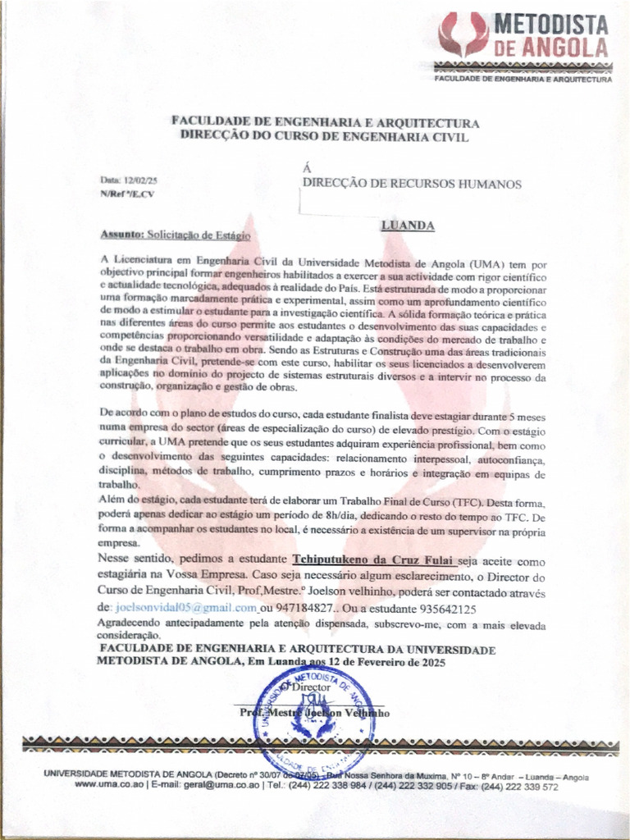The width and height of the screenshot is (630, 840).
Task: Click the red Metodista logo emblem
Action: click(x=463, y=34)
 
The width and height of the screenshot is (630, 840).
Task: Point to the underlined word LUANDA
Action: click(x=408, y=225)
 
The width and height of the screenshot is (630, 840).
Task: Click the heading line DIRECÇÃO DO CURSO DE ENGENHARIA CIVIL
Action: click(x=325, y=137)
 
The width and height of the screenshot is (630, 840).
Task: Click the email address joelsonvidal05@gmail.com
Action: click(x=186, y=607)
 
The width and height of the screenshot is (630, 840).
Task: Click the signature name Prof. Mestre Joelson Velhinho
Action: click(x=315, y=713)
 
